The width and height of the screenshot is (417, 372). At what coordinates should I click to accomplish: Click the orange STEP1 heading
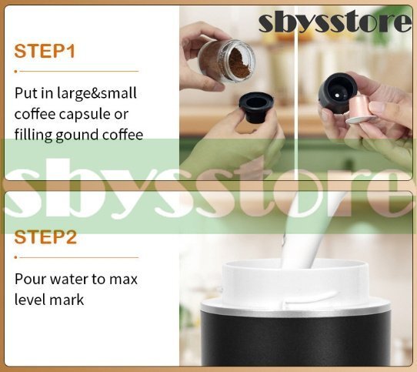[x=45, y=51]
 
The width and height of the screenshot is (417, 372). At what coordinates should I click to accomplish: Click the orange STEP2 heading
[x=45, y=237]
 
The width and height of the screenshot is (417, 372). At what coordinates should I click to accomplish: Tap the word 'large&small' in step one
[x=97, y=94]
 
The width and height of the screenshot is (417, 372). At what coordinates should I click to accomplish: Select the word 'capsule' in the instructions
[x=86, y=115]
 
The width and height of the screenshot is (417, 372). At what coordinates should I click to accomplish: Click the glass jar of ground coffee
[x=226, y=62]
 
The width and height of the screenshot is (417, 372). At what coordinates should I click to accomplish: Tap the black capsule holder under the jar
[x=256, y=107]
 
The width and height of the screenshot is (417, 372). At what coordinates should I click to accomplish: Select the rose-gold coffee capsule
[x=359, y=110]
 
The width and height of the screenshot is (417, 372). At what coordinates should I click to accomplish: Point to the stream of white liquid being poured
[x=306, y=234]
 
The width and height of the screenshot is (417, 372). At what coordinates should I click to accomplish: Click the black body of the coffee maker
[x=295, y=341]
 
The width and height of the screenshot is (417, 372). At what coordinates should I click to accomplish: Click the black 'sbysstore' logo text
[x=335, y=22]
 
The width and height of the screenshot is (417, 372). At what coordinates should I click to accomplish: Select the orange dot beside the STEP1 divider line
[x=16, y=72]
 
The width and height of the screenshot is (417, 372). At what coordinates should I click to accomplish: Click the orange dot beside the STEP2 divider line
[x=16, y=257]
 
